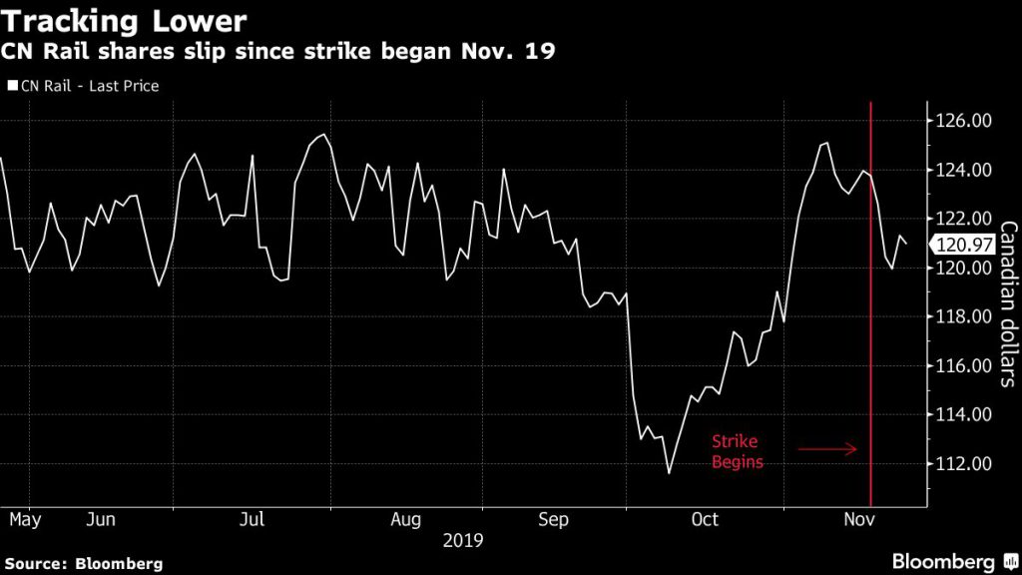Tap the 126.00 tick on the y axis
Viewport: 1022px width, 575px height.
[965, 121]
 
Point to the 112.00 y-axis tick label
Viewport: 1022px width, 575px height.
[965, 463]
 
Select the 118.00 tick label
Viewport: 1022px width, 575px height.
[965, 316]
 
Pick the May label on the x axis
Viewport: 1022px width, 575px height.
[27, 519]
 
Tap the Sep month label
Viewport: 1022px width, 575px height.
[553, 519]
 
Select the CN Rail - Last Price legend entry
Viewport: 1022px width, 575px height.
[83, 86]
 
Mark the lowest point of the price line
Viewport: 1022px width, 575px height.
[669, 473]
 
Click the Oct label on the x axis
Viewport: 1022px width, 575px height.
[705, 519]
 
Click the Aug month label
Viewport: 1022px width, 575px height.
[406, 519]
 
